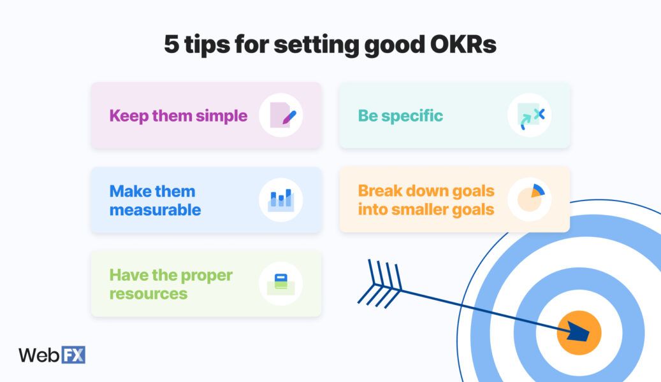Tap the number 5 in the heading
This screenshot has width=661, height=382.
(171, 45)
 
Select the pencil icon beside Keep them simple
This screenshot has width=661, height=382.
(281, 115)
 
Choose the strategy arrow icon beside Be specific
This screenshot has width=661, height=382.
(530, 115)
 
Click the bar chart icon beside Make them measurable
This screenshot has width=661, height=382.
(280, 199)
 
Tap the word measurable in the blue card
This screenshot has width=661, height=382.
(155, 209)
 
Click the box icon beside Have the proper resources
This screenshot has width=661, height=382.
(280, 283)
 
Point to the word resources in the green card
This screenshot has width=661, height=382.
(148, 294)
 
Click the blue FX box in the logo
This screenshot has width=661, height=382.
(73, 355)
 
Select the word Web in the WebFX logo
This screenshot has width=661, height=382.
(38, 355)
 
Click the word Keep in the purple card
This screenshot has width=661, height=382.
(128, 116)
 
